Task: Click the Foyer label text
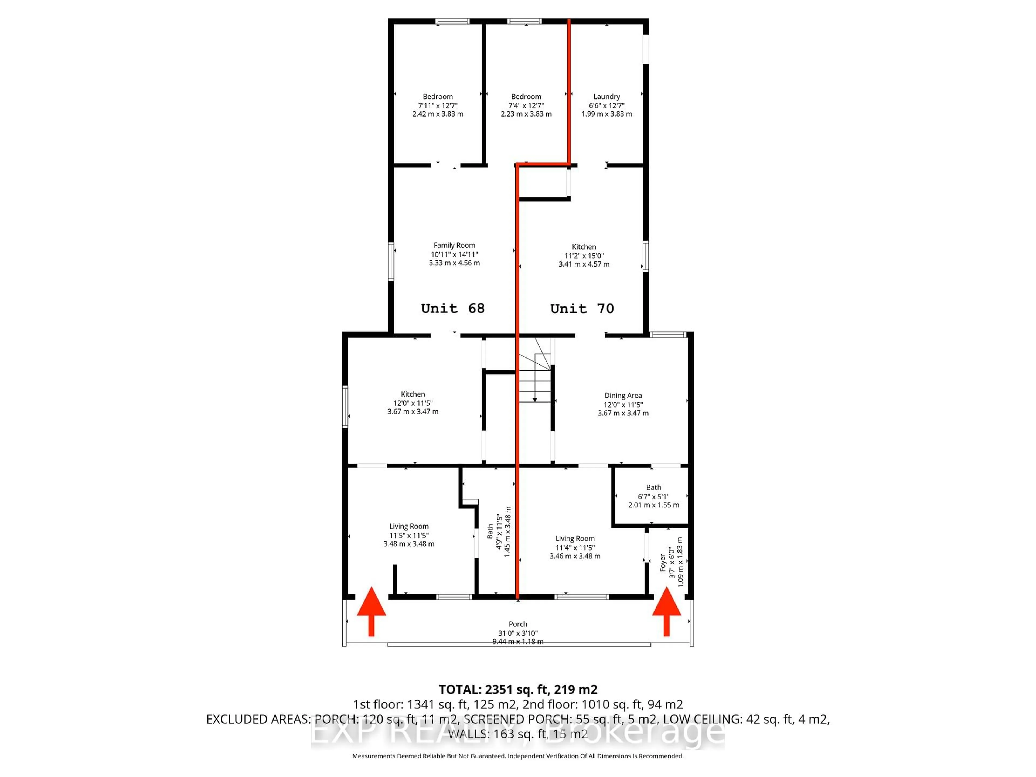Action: (x=663, y=563)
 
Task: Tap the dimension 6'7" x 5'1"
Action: (x=653, y=496)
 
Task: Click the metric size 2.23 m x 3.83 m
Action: (x=526, y=114)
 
